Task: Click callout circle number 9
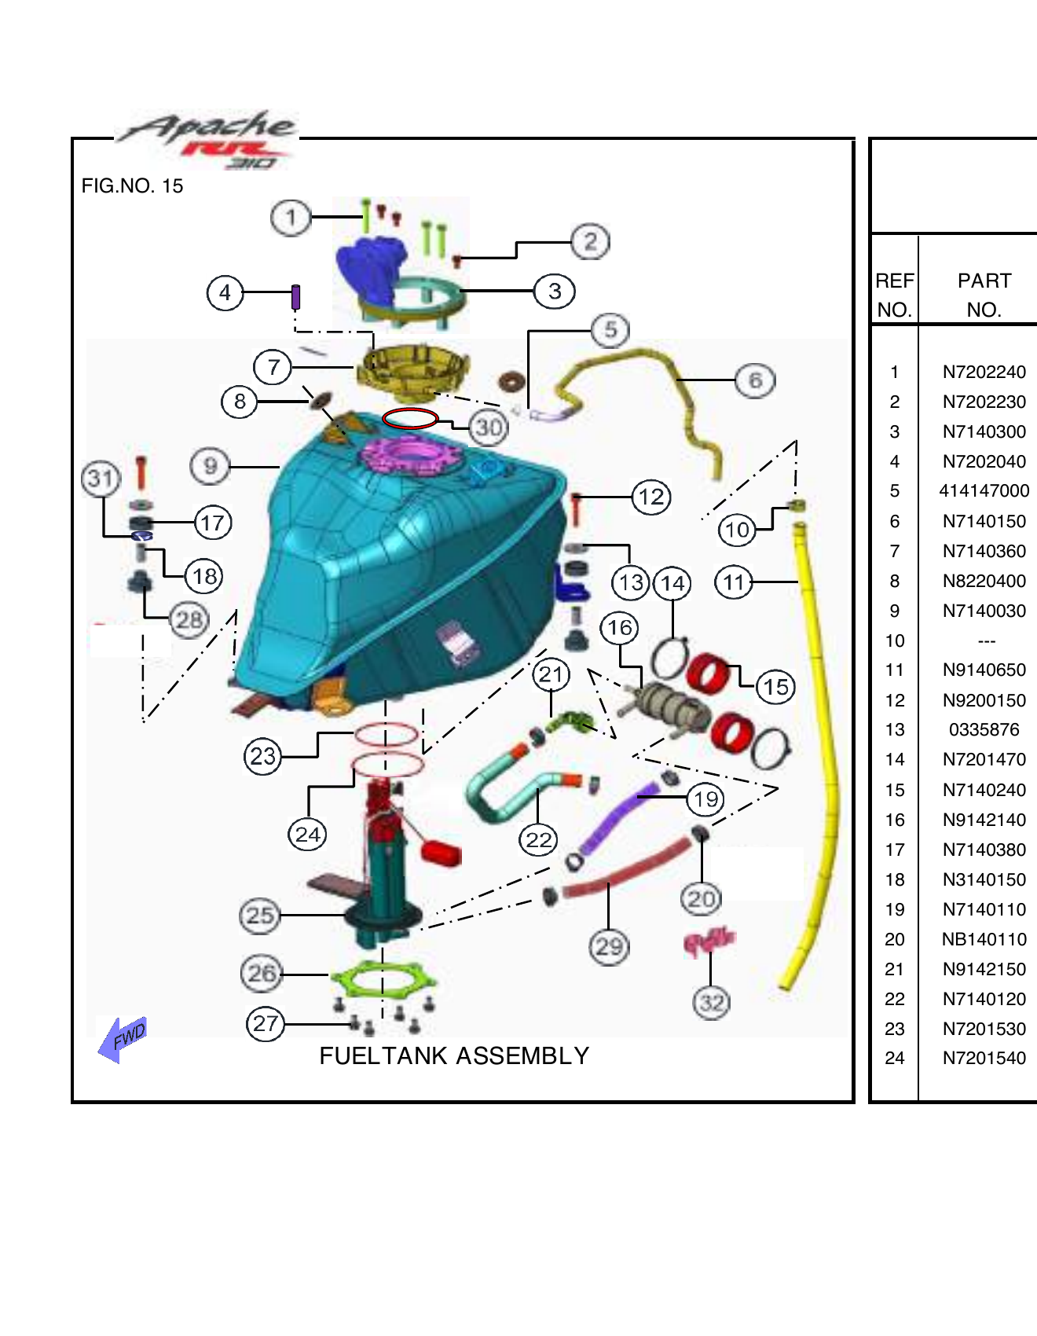[x=210, y=466]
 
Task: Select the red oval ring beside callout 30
[x=410, y=418]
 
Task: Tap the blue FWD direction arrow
[x=123, y=1039]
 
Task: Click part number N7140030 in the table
[x=984, y=611]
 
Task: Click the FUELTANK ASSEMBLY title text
[x=454, y=1055]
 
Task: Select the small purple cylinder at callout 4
[x=296, y=297]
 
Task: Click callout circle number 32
[x=712, y=1003]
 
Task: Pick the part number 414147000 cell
[x=984, y=490]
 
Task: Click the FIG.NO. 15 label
[x=132, y=186]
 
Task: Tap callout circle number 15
[x=775, y=687]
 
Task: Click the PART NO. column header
[x=984, y=295]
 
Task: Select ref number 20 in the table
[x=895, y=939]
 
